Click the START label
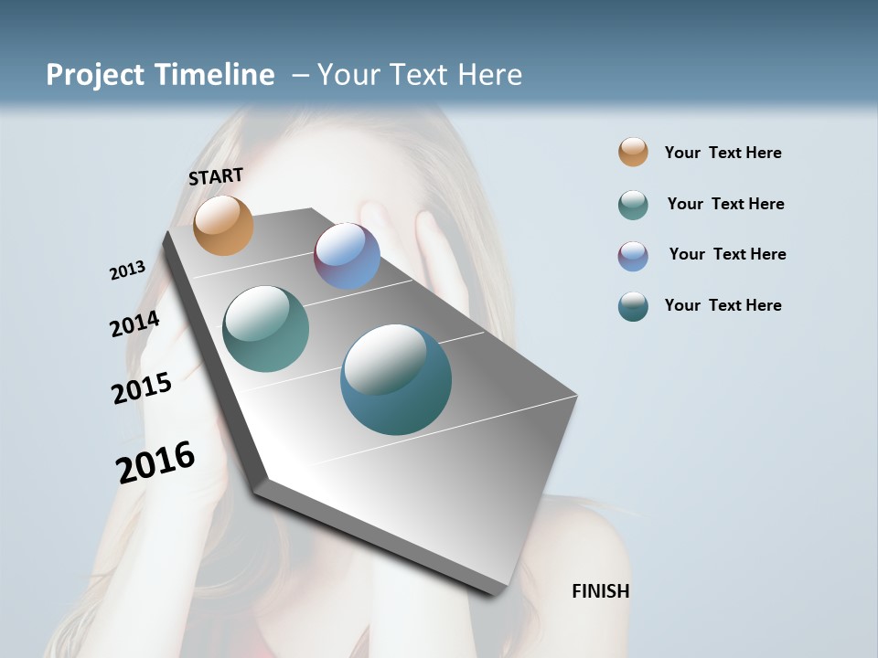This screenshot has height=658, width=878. pos(216,176)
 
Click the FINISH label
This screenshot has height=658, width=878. pos(600,591)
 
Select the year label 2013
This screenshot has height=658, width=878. pos(127,271)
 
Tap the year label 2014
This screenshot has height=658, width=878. pos(134,324)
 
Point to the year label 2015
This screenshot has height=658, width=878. pos(142,388)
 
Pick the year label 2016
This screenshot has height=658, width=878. pos(155,462)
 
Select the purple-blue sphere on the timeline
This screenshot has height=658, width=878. pos(347,256)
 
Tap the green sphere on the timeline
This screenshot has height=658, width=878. pos(266,329)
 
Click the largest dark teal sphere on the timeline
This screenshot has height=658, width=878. pos(396,379)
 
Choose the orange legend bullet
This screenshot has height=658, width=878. pos(633,153)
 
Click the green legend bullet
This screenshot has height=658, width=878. pos(633,205)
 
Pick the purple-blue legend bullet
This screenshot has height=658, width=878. pos(633,256)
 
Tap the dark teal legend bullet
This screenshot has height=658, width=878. pos(633,306)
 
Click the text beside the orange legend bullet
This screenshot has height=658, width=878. pos(723,153)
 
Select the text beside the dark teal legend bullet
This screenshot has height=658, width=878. pos(723,305)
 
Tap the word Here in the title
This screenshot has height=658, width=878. pos(489,75)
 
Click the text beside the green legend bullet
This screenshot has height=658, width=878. pos(725,204)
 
